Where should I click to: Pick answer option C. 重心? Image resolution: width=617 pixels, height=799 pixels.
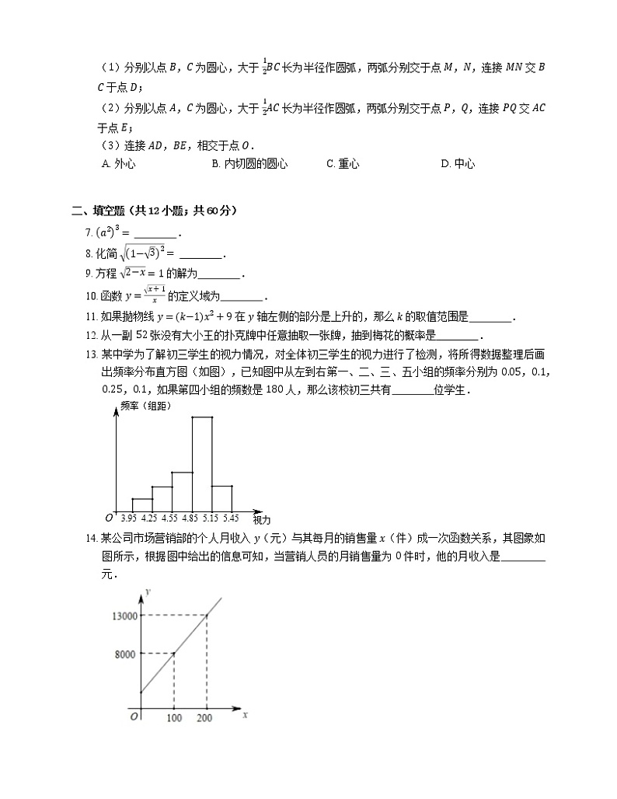[x=343, y=163]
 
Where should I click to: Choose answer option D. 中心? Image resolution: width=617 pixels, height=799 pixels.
[x=457, y=163]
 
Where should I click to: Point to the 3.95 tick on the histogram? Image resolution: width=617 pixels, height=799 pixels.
[x=129, y=518]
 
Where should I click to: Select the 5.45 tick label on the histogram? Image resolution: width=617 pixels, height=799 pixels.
[x=231, y=518]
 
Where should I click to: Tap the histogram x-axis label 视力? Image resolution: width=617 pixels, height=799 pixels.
[x=262, y=518]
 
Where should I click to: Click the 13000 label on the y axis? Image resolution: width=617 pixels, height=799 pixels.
[x=124, y=616]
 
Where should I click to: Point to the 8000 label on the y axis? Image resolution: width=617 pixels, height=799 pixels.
[x=127, y=654]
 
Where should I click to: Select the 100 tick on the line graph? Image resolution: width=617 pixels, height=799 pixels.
[x=174, y=717]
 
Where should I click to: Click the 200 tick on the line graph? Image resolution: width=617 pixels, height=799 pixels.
[x=206, y=717]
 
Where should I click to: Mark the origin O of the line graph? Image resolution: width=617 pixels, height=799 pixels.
[x=134, y=717]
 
